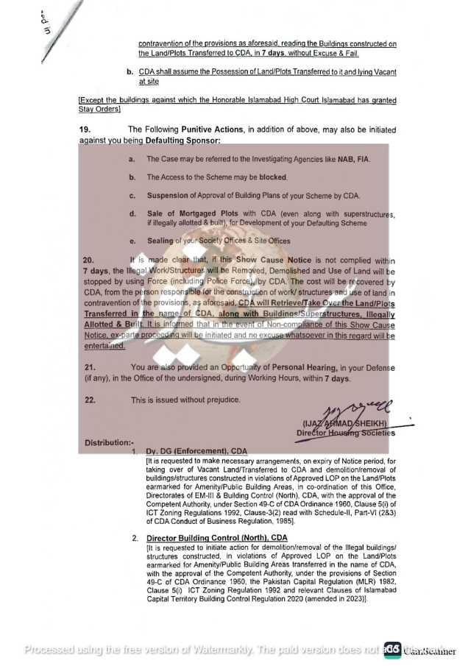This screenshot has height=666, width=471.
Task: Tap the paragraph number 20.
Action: coord(88,261)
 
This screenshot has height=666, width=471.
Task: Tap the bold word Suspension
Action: coord(169,196)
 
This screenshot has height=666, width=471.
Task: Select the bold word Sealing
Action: coord(160,241)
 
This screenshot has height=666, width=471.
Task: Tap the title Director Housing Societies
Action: coord(345,433)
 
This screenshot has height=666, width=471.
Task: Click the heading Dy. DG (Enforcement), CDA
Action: coord(196,450)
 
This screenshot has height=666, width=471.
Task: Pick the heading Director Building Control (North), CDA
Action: coord(216,539)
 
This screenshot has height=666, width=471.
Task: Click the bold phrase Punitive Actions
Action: coord(213,129)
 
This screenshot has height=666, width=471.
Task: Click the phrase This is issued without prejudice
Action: coord(185,400)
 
